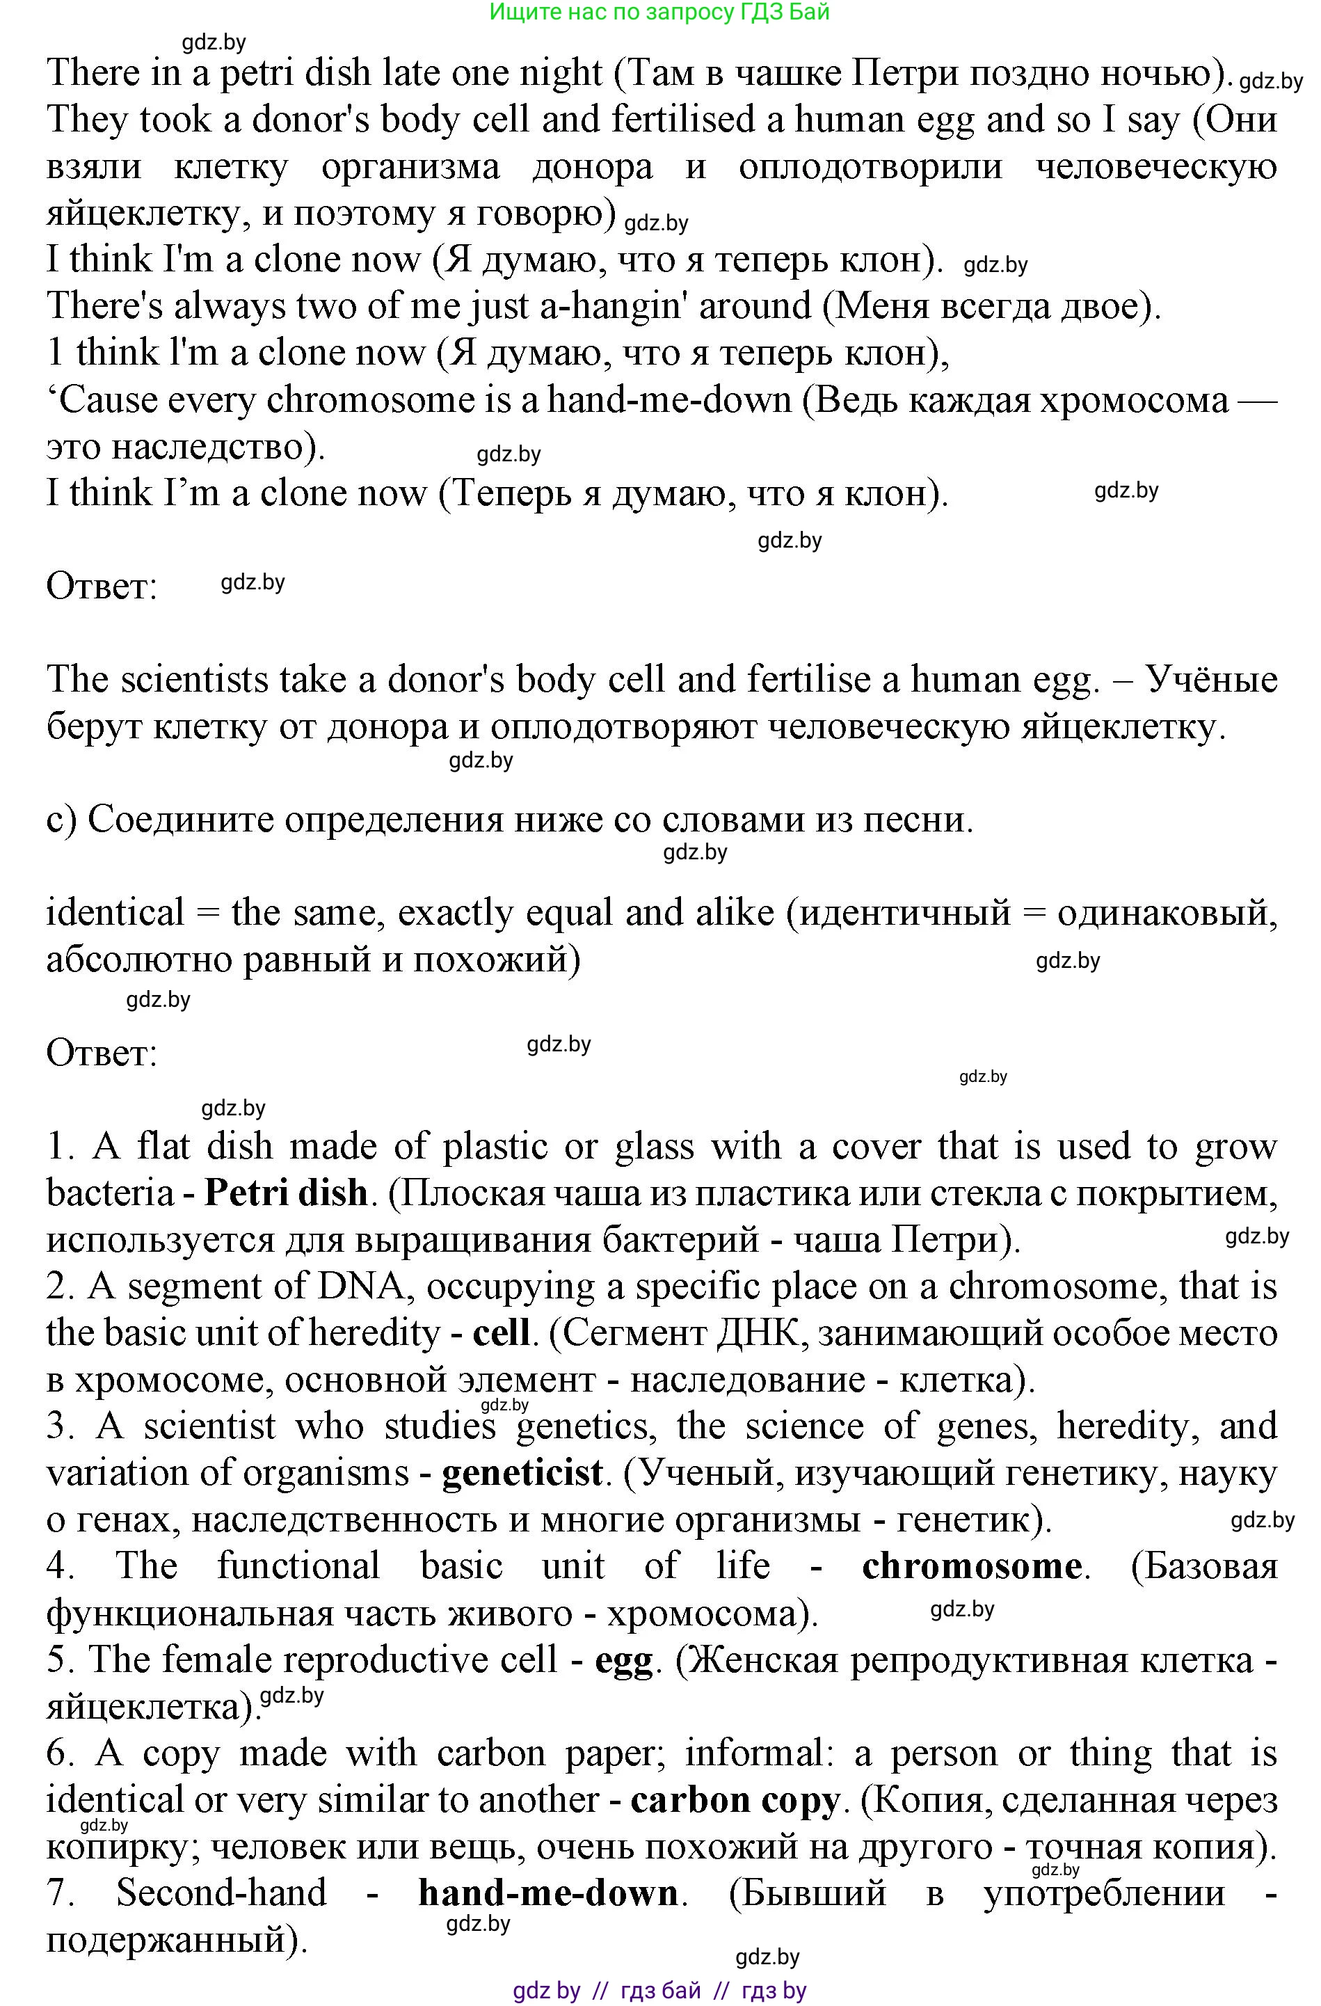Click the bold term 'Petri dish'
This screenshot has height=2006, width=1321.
(286, 1193)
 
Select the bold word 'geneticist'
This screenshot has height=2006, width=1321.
(522, 1472)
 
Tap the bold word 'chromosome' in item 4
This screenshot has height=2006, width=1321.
(971, 1566)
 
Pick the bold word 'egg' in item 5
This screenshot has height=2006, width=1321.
(623, 1659)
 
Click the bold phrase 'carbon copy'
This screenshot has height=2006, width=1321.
(735, 1799)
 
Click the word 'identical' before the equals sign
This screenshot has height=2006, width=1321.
(115, 913)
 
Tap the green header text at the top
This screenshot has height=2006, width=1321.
(659, 12)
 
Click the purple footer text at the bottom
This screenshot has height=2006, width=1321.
(659, 1990)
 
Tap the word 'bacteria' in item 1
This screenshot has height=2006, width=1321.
(109, 1193)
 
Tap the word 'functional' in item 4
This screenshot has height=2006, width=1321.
(298, 1566)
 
